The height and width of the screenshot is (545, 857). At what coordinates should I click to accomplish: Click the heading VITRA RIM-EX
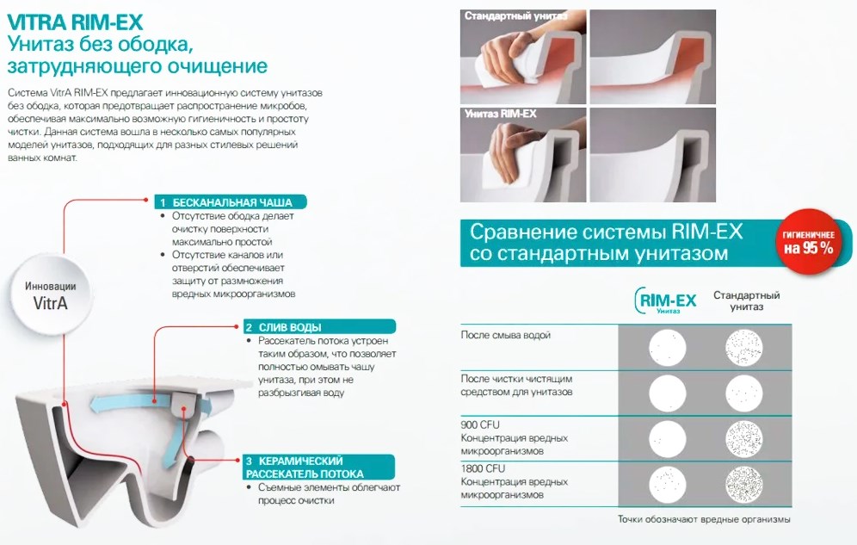(75, 22)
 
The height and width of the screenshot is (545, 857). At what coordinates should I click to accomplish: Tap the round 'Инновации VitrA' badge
(50, 295)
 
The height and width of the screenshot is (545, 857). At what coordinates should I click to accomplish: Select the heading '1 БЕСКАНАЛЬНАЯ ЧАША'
(230, 202)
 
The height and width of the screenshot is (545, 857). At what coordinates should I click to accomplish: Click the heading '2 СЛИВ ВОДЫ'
(319, 327)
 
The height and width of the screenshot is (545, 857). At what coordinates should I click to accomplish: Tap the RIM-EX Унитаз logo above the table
(666, 300)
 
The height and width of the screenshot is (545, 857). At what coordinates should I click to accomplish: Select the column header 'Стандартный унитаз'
(747, 300)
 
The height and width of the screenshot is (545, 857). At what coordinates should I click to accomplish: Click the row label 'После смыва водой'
(506, 335)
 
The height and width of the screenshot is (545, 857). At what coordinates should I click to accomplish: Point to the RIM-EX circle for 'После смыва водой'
(668, 348)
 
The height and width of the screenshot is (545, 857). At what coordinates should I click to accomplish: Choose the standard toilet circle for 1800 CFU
(744, 484)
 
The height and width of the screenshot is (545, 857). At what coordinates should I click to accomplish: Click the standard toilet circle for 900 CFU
(744, 439)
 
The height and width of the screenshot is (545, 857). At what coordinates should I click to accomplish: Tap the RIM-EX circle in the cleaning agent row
(668, 393)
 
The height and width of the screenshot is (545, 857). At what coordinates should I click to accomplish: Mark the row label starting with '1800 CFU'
(515, 481)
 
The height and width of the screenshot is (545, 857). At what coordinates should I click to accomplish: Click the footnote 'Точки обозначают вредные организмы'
(704, 519)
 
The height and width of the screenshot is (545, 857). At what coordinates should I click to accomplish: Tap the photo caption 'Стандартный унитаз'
(516, 15)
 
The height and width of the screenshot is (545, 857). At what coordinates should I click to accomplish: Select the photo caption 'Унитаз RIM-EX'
(501, 114)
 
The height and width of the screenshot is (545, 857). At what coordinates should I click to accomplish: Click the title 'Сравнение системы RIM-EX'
(606, 232)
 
